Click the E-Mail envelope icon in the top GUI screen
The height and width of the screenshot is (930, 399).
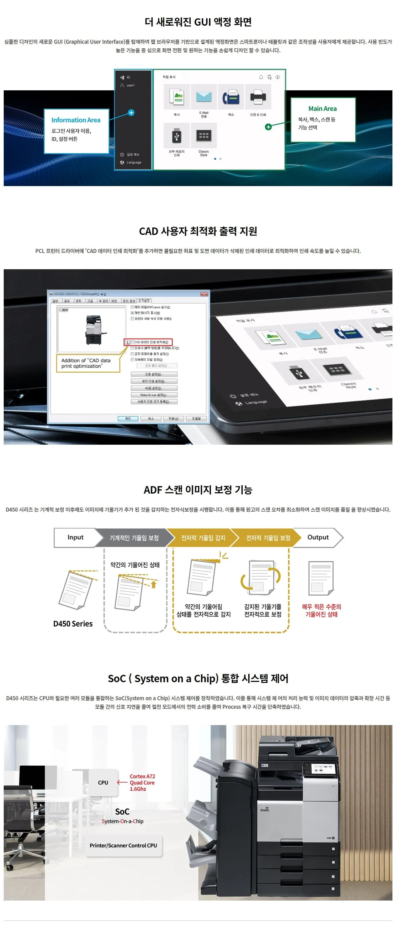click(x=204, y=97)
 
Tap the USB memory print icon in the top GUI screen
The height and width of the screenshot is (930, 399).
click(x=177, y=136)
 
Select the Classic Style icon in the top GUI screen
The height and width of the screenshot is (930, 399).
click(x=204, y=136)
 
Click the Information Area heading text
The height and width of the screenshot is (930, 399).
click(x=76, y=120)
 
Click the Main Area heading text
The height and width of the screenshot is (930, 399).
click(x=322, y=108)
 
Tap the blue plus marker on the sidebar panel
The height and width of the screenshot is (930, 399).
click(x=131, y=113)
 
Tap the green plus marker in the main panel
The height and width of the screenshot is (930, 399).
click(x=268, y=127)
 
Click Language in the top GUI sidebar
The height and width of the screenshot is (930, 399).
click(x=133, y=162)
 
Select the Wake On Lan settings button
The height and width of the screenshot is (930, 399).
click(x=154, y=395)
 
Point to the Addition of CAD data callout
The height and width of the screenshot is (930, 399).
click(x=87, y=363)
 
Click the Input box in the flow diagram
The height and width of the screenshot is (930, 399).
click(x=75, y=537)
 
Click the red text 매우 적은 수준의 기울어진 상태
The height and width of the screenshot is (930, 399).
click(x=321, y=610)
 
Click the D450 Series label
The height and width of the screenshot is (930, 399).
click(x=73, y=624)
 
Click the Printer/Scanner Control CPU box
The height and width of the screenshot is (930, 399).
click(x=123, y=845)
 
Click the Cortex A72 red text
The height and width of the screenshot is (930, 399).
click(x=142, y=776)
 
